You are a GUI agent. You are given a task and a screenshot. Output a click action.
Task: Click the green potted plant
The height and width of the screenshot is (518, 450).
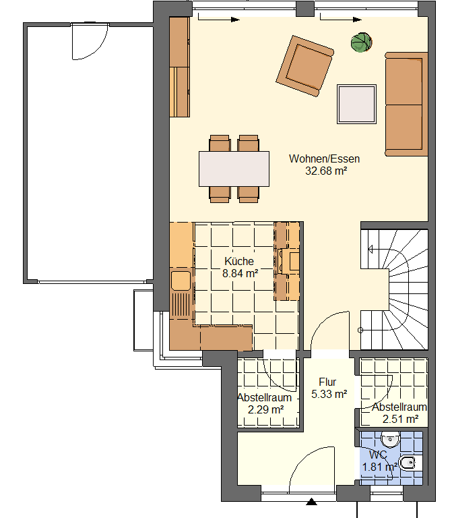click(x=361, y=42)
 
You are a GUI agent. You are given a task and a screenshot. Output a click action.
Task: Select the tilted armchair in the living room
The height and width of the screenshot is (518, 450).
click(x=305, y=66)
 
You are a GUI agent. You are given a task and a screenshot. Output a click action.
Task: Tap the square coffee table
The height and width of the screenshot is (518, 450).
click(x=356, y=104)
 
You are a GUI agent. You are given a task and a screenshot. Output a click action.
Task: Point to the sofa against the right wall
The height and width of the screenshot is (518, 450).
click(x=406, y=104)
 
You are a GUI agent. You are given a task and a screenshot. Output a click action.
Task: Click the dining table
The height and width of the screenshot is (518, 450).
click(x=234, y=169)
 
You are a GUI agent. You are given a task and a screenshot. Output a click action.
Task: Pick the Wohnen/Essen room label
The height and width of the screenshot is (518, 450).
click(x=324, y=159)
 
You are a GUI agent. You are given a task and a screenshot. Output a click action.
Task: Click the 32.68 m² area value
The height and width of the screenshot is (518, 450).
click(x=326, y=171)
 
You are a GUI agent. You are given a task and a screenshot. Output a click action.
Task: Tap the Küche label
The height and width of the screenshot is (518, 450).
click(x=239, y=261)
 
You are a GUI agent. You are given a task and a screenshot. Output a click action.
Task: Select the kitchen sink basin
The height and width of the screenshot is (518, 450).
click(x=181, y=281)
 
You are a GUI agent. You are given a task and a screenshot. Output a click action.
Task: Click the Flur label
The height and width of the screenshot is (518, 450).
click(x=327, y=382)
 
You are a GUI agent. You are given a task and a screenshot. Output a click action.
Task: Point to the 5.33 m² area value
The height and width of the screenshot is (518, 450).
click(x=329, y=394)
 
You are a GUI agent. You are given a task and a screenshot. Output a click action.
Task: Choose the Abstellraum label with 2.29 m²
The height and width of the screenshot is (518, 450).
click(x=264, y=397)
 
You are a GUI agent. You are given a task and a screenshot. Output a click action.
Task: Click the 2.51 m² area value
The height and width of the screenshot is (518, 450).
click(x=401, y=420)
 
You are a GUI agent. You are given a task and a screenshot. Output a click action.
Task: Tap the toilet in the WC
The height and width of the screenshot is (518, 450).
click(x=410, y=463)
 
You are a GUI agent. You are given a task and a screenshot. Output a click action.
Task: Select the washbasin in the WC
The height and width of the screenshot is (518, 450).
click(x=390, y=440)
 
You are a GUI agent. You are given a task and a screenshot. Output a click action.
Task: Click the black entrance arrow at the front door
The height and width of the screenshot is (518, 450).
click(x=311, y=502)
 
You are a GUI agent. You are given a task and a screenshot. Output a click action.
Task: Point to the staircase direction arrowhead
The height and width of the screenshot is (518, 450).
click(x=370, y=250)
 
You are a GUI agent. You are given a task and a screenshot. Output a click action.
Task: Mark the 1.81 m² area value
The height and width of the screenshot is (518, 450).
click(x=379, y=467)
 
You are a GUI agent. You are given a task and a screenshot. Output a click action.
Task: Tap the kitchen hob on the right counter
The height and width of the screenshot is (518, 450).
click(x=289, y=261)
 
